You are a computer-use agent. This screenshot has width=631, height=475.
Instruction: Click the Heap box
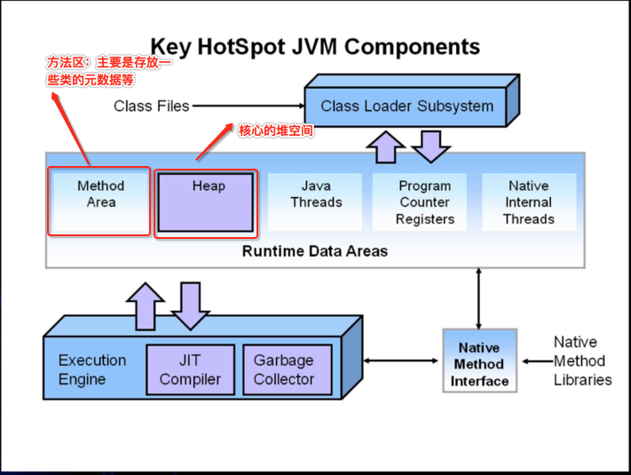206,202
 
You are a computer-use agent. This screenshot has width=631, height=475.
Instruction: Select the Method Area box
100,202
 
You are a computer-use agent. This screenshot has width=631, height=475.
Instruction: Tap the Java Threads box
315,202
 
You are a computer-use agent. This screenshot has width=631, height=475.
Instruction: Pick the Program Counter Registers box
419,202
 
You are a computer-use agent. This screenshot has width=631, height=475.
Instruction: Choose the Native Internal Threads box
529,202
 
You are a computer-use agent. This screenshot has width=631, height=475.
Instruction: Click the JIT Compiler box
190,369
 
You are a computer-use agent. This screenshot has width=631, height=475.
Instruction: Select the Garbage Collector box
288,369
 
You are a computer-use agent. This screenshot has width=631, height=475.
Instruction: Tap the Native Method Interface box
480,360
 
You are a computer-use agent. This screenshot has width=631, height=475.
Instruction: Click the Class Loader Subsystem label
406,107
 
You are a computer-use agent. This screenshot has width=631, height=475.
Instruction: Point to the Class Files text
151,107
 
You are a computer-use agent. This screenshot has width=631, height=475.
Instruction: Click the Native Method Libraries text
583,361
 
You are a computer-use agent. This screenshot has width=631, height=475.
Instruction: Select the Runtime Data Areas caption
315,251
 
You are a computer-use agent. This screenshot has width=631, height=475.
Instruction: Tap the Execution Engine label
92,369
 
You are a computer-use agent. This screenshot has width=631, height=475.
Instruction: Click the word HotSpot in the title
241,46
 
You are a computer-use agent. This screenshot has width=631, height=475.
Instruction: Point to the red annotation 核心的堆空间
276,131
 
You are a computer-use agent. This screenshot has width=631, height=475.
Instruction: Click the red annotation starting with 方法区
108,71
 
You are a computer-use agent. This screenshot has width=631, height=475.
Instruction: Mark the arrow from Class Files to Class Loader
248,106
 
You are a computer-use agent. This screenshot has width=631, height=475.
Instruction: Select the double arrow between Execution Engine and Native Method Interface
401,360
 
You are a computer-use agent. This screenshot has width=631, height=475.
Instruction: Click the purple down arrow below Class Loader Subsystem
431,146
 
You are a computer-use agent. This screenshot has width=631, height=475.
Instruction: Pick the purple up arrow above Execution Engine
146,306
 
